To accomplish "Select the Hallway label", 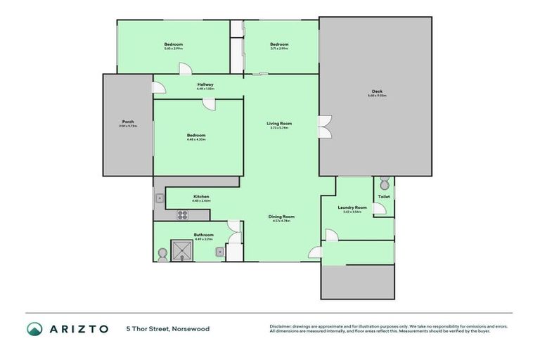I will click(205, 84).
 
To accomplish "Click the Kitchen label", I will click(202, 196).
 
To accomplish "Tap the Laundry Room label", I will click(352, 207).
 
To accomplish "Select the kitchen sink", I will click(160, 198).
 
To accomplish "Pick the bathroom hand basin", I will click(220, 251).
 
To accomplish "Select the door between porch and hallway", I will click(158, 87).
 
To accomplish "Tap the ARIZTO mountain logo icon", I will click(34, 328).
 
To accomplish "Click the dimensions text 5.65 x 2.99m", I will click(174, 49).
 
